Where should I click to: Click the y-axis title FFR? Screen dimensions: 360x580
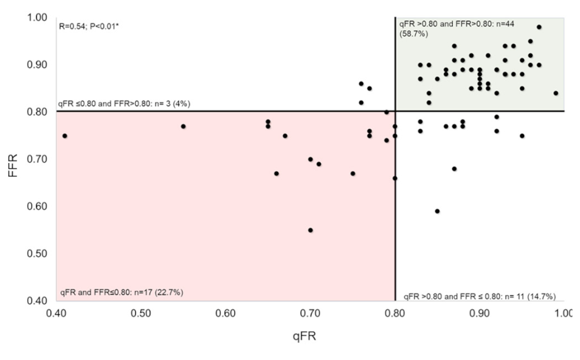point(13,159)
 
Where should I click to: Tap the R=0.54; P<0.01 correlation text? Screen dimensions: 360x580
point(92,28)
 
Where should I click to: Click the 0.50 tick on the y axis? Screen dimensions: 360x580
point(39,254)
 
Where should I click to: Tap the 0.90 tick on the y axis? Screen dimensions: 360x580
point(39,65)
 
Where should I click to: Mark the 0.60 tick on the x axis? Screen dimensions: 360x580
point(226,313)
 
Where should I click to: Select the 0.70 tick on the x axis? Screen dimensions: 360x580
point(310,313)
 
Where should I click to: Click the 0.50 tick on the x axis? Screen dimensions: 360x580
point(141,313)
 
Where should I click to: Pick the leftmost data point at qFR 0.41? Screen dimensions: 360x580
point(65,136)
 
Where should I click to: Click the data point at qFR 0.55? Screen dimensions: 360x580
point(183,127)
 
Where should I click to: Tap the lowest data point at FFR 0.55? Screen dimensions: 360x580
point(310,230)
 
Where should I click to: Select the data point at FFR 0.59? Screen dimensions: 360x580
point(437,211)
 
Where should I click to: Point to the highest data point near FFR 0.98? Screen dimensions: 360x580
point(539,27)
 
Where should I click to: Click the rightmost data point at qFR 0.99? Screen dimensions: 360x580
point(555,93)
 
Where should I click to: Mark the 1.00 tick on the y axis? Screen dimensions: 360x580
point(39,18)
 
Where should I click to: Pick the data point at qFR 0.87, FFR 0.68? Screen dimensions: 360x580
point(454,169)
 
